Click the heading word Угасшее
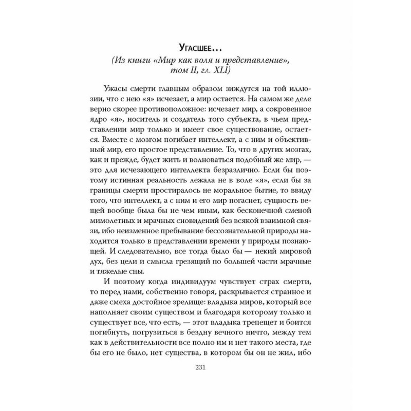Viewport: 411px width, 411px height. [x=200, y=49]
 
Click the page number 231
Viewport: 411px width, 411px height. [x=205, y=367]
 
